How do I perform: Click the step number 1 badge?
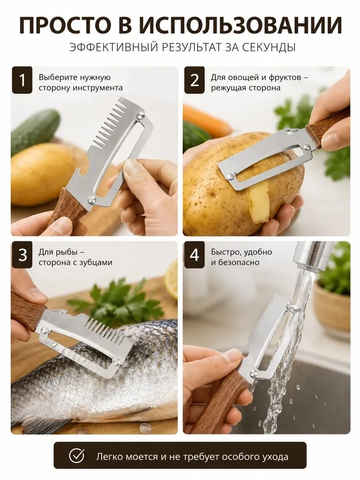pos(22,80)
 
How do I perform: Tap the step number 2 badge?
pos(194,80)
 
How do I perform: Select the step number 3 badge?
pos(22,255)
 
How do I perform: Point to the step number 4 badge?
pos(194,255)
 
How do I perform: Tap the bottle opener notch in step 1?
pos(86,174)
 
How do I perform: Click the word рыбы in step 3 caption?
pos(67,252)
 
